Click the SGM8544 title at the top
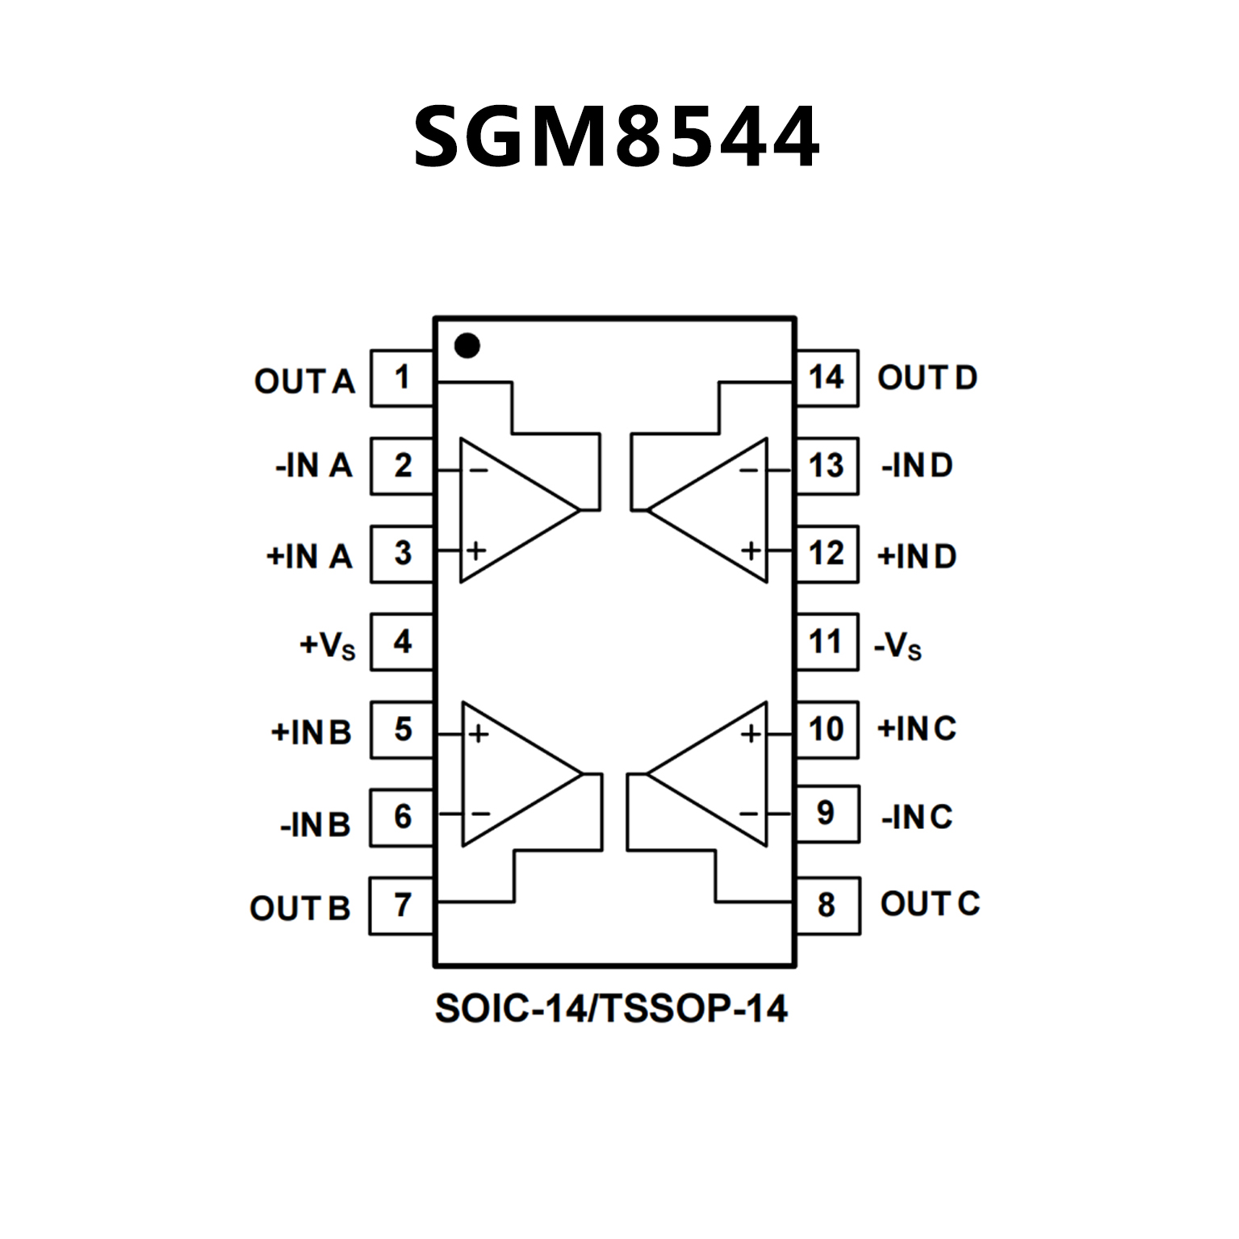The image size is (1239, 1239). [x=616, y=137]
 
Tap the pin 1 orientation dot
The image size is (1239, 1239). [x=467, y=345]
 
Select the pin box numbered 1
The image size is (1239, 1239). [x=402, y=378]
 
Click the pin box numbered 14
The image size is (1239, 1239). [x=827, y=378]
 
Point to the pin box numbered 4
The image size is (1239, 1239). [x=402, y=642]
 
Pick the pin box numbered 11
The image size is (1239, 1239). [x=827, y=642]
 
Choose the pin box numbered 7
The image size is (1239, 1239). [x=402, y=906]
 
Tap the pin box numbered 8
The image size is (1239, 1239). [x=827, y=906]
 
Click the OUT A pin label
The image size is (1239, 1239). [x=304, y=381]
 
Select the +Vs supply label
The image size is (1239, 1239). [x=327, y=646]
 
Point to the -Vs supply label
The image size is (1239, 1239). [x=898, y=646]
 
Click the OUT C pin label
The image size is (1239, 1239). [x=930, y=904]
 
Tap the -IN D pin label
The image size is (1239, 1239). [x=917, y=466]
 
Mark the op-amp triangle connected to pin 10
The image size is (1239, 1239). [x=716, y=774]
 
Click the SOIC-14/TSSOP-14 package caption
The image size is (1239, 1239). [x=611, y=1009]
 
